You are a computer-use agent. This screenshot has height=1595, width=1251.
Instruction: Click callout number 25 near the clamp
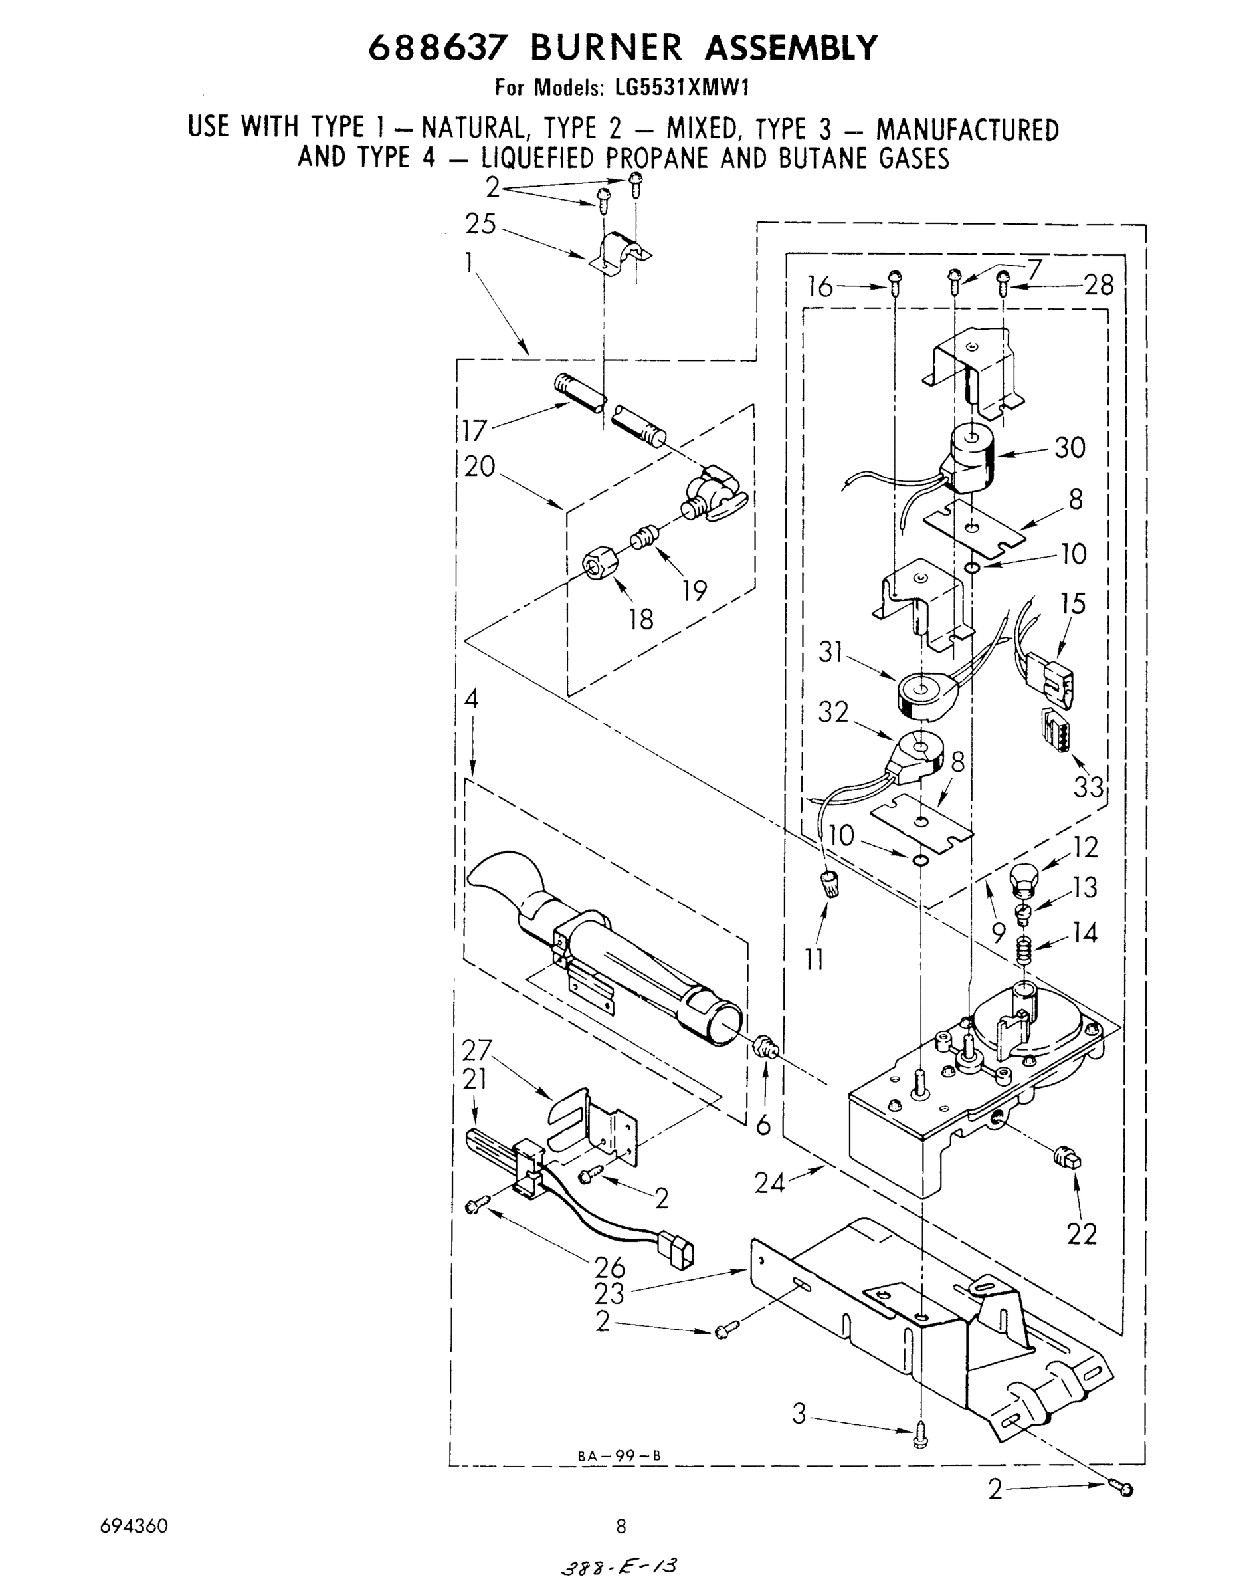coord(480,224)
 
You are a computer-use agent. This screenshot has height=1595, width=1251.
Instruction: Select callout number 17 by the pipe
coord(474,430)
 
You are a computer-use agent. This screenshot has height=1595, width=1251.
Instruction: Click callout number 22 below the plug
coord(1082,1235)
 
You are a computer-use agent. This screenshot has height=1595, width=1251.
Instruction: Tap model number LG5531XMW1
coord(682,88)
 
